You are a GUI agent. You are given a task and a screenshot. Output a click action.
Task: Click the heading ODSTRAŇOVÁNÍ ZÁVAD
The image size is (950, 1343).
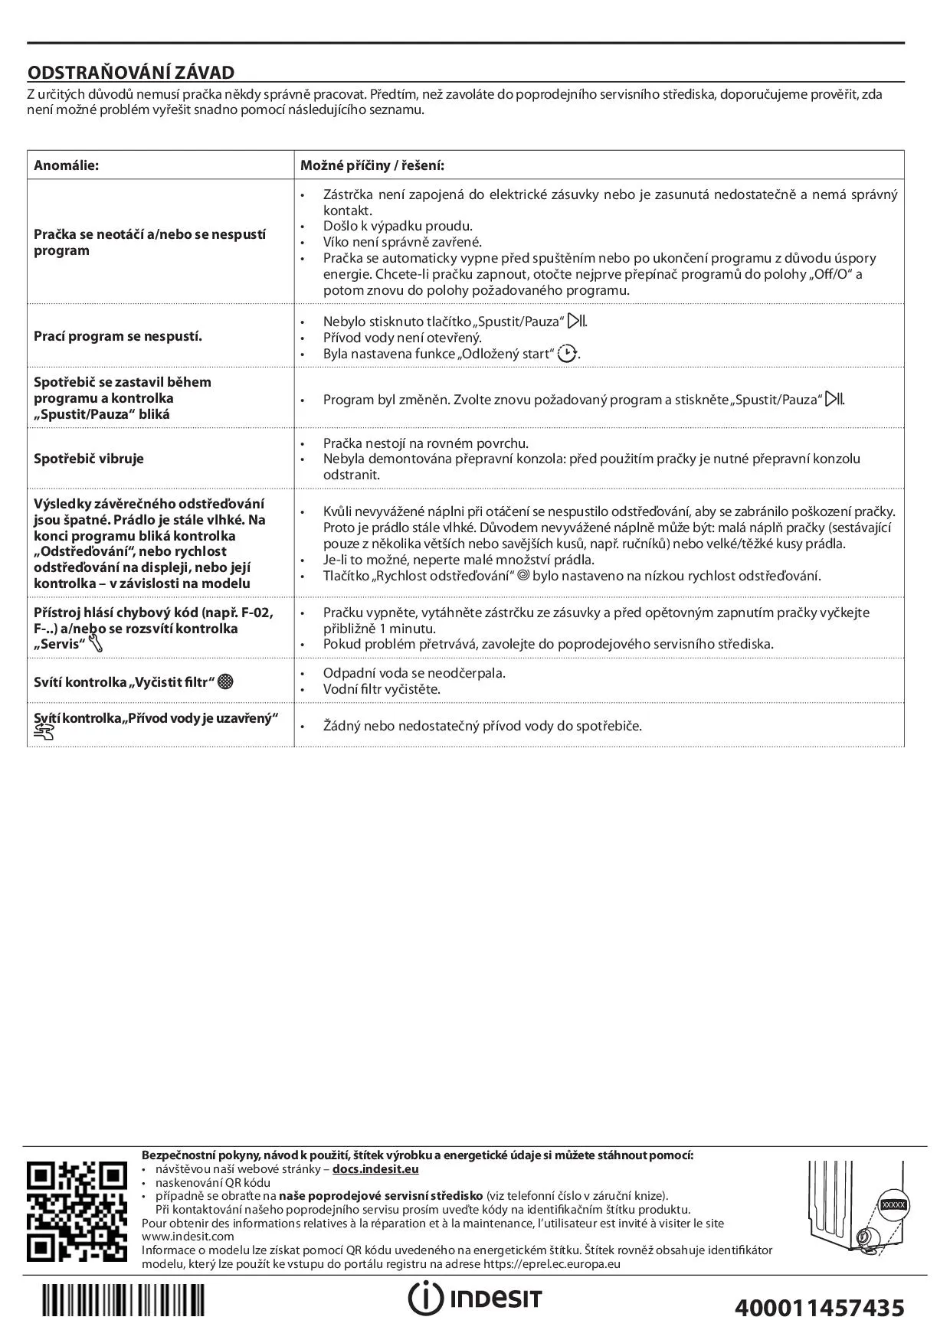coord(131,73)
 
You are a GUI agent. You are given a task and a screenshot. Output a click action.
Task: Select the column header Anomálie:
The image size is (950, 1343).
coord(66,165)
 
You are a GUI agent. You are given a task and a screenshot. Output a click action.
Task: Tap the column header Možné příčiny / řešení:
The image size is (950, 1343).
coord(372,165)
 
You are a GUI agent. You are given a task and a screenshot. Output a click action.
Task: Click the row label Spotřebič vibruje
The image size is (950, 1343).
coord(89,459)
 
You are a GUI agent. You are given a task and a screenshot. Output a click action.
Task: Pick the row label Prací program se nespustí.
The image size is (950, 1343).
coord(118,336)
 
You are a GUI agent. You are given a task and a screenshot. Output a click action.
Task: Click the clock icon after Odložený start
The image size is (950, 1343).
coord(567,354)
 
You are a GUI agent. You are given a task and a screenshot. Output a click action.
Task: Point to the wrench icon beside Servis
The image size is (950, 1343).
coord(96,644)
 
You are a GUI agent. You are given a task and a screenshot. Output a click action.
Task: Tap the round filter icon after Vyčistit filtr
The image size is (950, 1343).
coord(225,681)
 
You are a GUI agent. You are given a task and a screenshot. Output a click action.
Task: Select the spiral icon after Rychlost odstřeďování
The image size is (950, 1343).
coord(524,575)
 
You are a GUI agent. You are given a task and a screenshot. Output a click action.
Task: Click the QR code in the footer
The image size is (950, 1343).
coord(77,1211)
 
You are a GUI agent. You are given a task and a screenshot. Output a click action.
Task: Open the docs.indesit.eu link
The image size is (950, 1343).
coord(375,1169)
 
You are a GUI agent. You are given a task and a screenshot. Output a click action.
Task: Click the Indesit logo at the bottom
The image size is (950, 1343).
coord(475,1297)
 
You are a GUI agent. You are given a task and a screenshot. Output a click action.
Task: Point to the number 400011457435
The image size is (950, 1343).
coord(819,1306)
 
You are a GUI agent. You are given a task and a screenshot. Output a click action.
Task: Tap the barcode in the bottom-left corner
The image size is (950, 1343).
coord(123,1299)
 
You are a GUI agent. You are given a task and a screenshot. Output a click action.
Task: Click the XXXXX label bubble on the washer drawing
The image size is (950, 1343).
coord(893,1204)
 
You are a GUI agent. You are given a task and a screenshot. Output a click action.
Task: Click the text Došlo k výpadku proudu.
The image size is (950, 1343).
coord(398,226)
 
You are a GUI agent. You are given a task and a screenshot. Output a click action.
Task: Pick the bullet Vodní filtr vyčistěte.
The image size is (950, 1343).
coord(382,689)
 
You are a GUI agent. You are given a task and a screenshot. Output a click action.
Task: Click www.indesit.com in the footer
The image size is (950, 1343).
coord(188,1236)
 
